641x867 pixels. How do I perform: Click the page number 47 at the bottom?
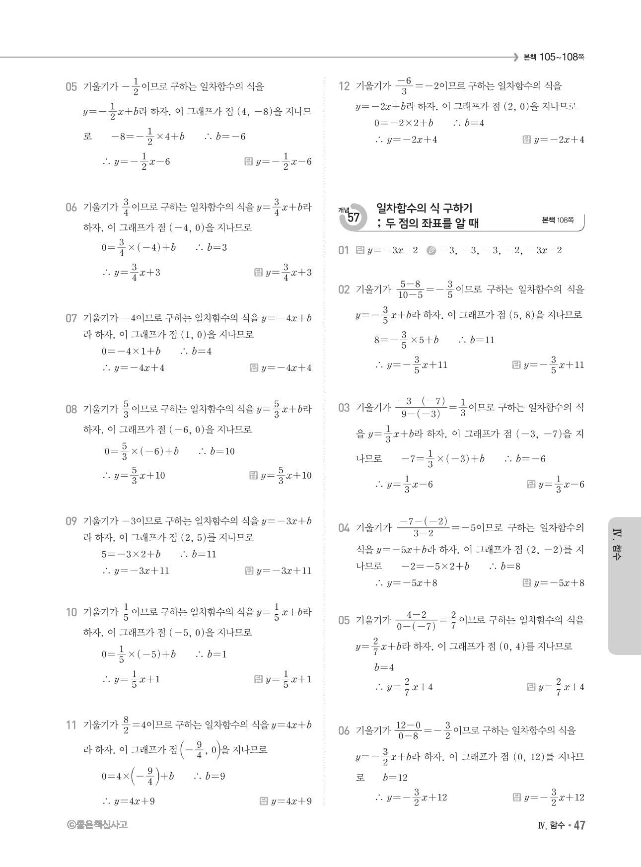tap(579, 825)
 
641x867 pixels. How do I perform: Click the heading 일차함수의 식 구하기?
tap(424, 208)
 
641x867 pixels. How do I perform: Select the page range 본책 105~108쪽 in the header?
tap(553, 57)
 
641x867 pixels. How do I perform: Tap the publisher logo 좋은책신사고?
tap(97, 825)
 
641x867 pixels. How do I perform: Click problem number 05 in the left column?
tap(71, 87)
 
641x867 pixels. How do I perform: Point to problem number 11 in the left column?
tap(71, 725)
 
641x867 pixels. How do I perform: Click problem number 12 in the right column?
tap(344, 86)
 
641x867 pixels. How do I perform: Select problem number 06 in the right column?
tap(344, 730)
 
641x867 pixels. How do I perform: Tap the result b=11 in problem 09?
tap(199, 554)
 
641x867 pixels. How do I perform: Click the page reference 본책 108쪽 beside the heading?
tap(558, 220)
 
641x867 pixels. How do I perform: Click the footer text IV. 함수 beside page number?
tap(551, 825)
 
